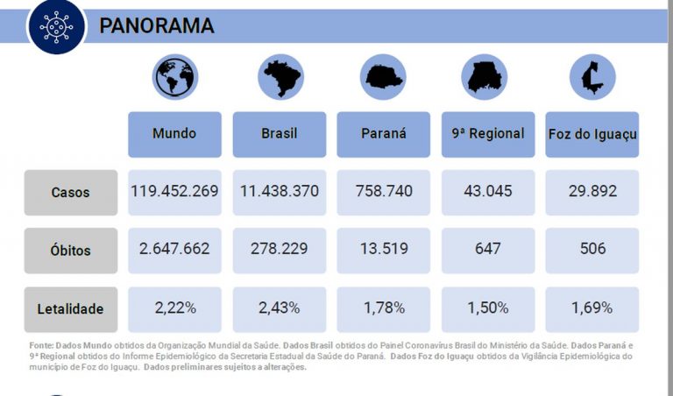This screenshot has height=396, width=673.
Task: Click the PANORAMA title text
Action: click(x=156, y=25)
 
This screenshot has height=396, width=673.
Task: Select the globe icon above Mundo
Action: click(x=175, y=77)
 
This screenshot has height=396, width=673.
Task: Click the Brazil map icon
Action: click(x=280, y=77)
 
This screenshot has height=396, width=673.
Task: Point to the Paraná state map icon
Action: click(x=383, y=77)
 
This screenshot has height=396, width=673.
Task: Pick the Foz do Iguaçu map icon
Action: click(x=592, y=77)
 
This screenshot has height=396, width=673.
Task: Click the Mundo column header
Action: click(x=174, y=134)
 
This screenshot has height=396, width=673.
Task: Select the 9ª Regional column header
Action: click(x=487, y=134)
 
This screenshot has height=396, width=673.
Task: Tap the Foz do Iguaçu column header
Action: click(x=592, y=134)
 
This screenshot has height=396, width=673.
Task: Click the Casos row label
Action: click(x=70, y=193)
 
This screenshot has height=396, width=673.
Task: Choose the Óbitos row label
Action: click(x=70, y=251)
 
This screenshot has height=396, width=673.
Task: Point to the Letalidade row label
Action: click(x=70, y=309)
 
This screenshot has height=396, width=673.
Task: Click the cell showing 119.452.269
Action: click(x=174, y=191)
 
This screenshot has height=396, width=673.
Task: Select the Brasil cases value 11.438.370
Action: click(x=280, y=191)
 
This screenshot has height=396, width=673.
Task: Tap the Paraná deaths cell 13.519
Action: click(x=384, y=249)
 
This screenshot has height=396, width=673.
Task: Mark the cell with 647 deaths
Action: click(x=487, y=249)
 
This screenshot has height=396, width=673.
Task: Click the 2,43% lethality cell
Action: click(x=280, y=308)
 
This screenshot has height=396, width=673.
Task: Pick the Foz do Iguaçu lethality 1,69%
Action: click(x=592, y=308)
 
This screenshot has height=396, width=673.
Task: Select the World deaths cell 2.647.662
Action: click(x=174, y=249)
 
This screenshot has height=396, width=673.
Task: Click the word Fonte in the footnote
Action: click(x=40, y=347)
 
